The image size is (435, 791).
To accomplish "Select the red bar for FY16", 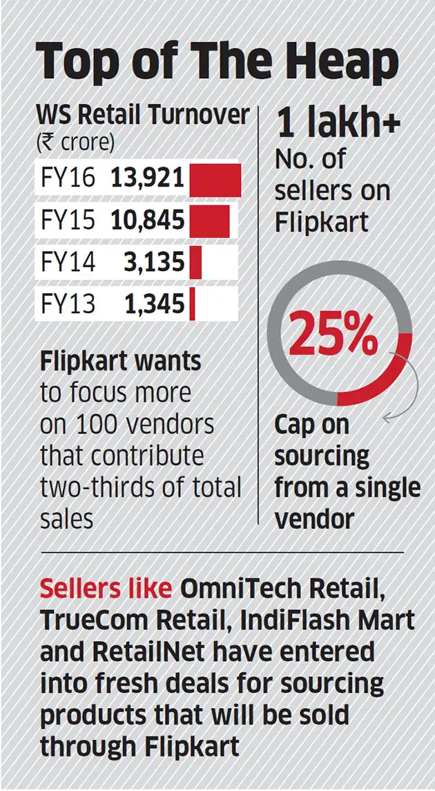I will [215, 180].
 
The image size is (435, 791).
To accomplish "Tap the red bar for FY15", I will [209, 221].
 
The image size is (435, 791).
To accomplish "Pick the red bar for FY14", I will [195, 262].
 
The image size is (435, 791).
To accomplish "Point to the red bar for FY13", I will [192, 304].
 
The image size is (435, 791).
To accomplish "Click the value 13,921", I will [147, 180].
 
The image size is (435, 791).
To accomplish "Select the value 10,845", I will [147, 221].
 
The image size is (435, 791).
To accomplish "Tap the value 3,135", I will [155, 262].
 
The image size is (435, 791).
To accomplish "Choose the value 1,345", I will [155, 304].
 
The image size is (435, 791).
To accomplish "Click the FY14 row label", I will [66, 262].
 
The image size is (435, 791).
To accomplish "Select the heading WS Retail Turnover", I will [142, 115].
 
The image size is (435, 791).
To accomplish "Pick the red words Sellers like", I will [106, 588].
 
